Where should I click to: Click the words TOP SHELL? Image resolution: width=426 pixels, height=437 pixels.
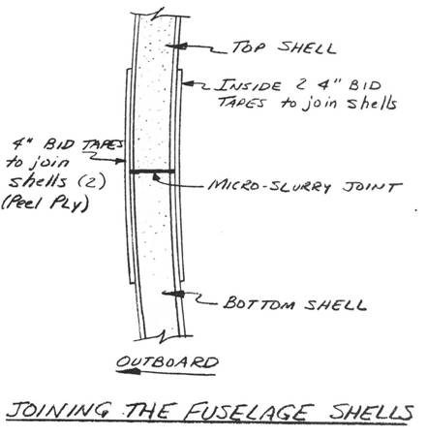(284, 47)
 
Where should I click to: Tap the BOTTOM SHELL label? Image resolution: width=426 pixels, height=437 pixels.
(295, 303)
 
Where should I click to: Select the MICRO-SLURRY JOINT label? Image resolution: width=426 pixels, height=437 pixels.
(305, 186)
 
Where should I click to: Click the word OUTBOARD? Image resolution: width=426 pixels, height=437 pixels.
(167, 362)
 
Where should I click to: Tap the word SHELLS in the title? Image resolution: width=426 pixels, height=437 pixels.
(371, 413)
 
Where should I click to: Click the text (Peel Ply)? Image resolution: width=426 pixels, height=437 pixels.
(45, 204)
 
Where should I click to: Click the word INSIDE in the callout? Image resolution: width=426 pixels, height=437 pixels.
(249, 85)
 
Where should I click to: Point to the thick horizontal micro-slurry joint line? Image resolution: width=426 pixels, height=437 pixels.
(152, 172)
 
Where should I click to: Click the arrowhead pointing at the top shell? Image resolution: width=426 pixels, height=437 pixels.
(177, 47)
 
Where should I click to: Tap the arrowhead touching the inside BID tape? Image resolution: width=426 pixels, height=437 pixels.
(188, 84)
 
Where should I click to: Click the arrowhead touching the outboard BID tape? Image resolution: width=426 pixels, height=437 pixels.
(119, 161)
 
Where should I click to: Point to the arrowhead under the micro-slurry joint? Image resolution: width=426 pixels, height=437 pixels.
(156, 177)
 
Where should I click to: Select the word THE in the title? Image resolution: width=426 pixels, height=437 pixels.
(150, 412)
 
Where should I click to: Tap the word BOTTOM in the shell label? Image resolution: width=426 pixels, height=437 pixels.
(259, 303)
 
